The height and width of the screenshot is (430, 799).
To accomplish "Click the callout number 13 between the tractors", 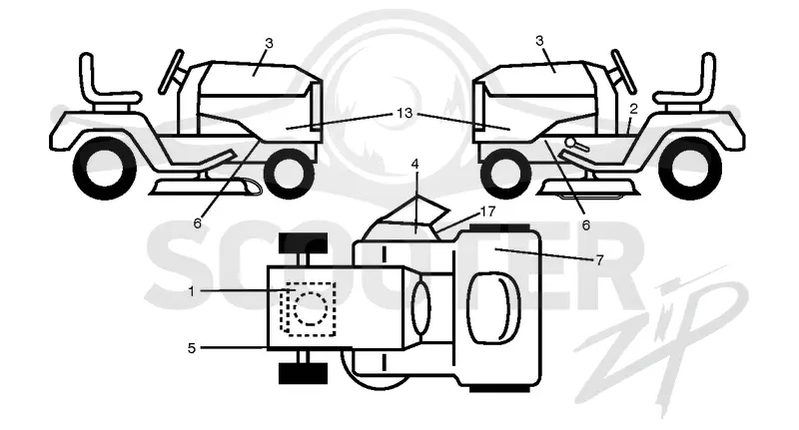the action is coord(404,113).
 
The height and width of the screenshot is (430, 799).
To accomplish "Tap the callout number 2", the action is coord(633,109).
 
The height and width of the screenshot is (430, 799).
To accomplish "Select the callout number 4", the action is coord(415,165).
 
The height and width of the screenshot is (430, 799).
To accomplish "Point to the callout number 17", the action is coord(487,211).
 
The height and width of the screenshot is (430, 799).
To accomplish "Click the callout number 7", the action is coord(600,260).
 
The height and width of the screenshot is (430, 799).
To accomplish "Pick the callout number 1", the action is coord(192,291).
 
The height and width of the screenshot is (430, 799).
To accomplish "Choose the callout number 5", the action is coord(192,348).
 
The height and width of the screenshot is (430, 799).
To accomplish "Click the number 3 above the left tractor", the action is coord(269,44).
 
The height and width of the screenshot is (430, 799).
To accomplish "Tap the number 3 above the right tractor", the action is coord(540,41).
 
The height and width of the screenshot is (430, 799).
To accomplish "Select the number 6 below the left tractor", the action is coord(197,222).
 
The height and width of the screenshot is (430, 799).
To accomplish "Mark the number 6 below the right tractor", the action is coord(586,224).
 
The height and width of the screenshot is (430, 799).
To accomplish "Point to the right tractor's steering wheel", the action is coord(623,71).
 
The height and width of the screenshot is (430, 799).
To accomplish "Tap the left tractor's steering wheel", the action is coord(171,71).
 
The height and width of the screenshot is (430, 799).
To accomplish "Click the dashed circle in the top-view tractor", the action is coord(309,308).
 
